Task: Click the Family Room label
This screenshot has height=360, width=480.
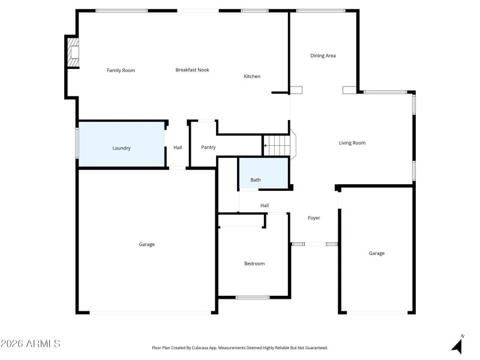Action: (x=121, y=70)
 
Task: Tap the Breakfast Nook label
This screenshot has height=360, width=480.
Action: (x=192, y=70)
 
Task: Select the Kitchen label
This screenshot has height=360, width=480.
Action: (x=252, y=76)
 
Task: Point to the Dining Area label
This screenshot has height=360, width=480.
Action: (x=323, y=56)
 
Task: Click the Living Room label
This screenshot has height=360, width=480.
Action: (x=352, y=143)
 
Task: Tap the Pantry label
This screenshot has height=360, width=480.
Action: (x=208, y=147)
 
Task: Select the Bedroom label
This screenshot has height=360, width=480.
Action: (x=254, y=263)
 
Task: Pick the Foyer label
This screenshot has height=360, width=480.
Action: (x=314, y=218)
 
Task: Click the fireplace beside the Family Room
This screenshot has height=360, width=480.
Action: (x=73, y=53)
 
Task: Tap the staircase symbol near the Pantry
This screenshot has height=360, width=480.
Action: (x=278, y=145)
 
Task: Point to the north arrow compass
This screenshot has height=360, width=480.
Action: (x=458, y=345)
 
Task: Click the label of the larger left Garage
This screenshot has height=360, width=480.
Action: (x=147, y=244)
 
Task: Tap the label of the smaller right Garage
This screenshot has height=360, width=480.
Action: (x=377, y=253)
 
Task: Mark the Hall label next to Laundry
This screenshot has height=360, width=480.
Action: (x=178, y=147)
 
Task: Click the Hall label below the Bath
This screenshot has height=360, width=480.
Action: (x=265, y=206)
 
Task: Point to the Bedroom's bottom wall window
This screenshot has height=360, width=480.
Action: (x=252, y=297)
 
